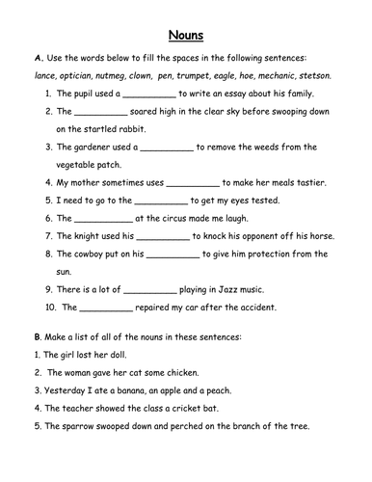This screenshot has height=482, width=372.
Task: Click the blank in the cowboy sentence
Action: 173,254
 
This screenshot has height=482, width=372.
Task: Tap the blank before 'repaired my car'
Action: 104,308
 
